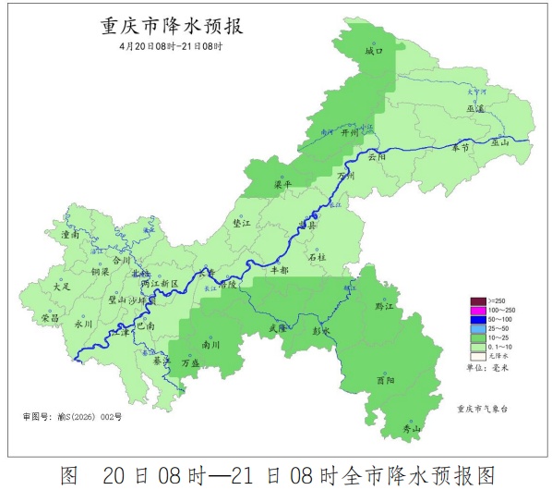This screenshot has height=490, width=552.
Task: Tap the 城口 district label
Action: (x=374, y=53)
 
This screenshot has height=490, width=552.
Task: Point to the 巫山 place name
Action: (x=500, y=143)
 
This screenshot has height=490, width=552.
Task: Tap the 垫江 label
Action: (x=243, y=224)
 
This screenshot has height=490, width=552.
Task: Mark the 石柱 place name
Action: (x=317, y=257)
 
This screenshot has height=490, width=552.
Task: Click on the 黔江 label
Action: (x=385, y=306)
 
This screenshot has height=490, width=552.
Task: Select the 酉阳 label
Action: (x=387, y=380)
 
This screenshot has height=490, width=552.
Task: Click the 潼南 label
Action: (x=70, y=237)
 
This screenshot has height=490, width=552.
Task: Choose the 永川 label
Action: (x=84, y=325)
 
